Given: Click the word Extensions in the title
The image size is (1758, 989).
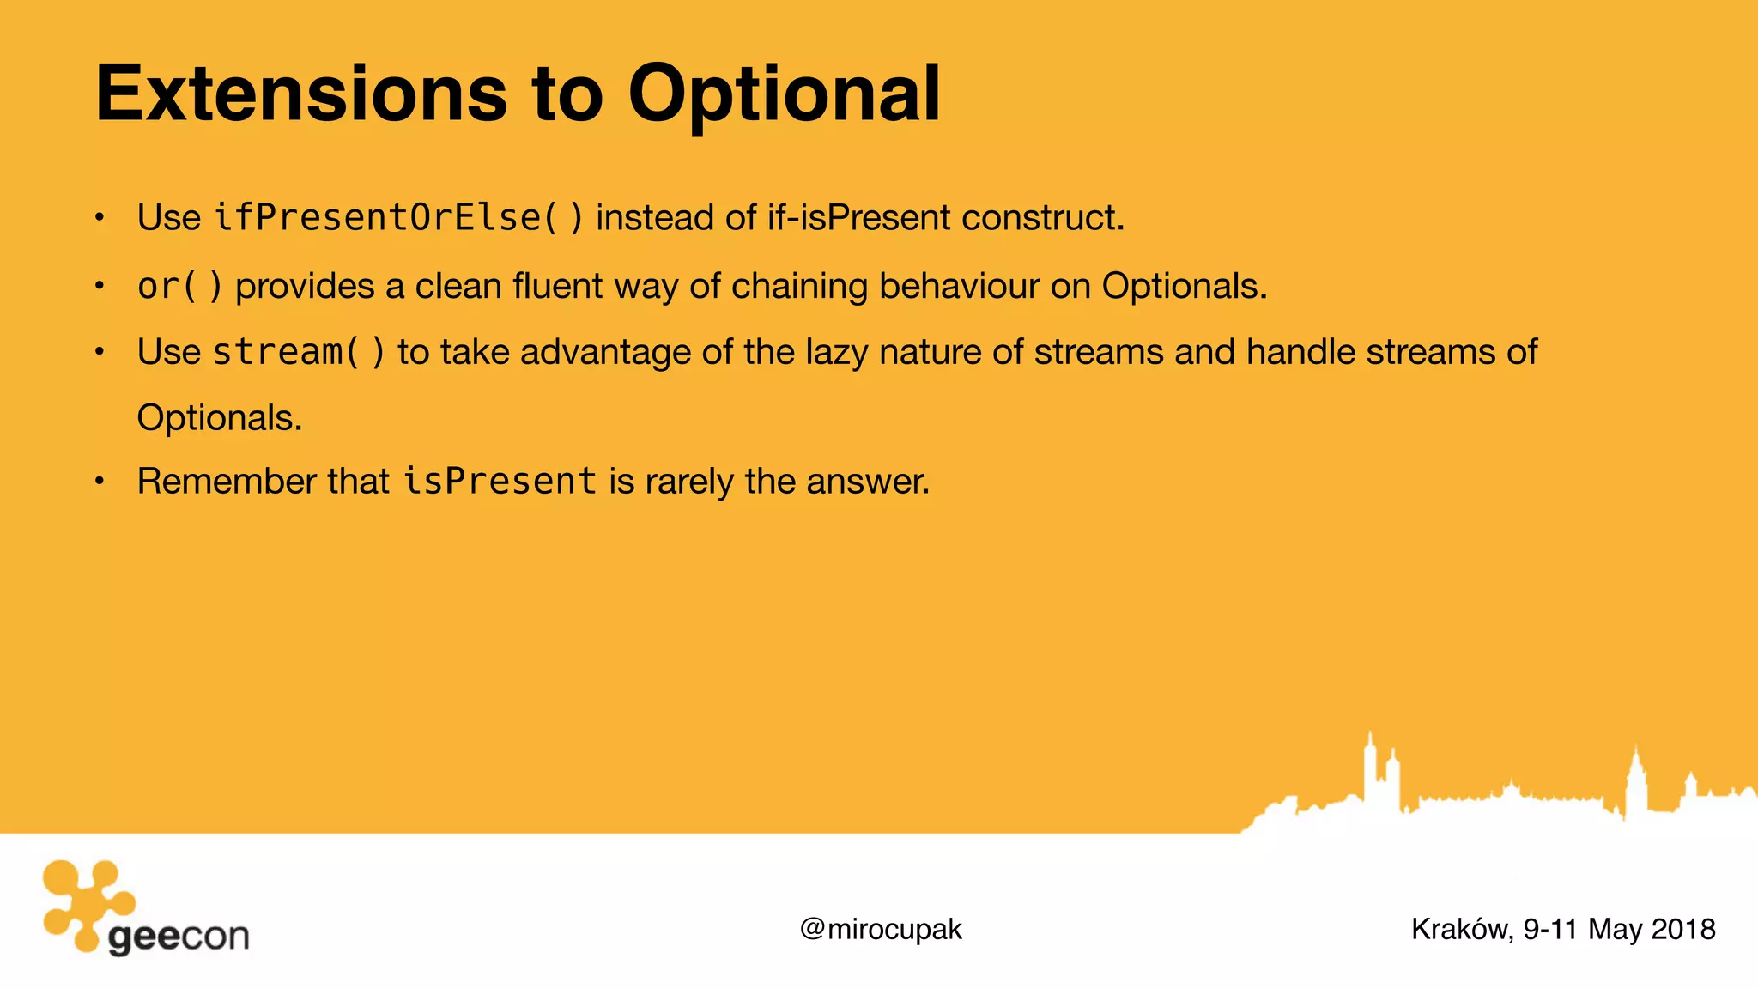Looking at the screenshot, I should coord(300,94).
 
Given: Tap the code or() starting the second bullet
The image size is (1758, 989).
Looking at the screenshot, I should coord(180,286).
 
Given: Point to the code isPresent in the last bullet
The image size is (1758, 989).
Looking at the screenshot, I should coord(500,481).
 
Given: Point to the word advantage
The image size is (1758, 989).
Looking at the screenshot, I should coord(605,353).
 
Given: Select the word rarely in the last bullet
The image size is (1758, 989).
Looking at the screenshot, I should coord(689,481).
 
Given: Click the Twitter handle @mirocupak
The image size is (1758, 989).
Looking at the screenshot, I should coord(881,929).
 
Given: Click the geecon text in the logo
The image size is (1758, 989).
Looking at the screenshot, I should coord(179,936).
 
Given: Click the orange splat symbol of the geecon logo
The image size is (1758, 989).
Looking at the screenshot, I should coord(86,901).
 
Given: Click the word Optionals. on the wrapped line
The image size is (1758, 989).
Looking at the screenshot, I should coord(220,418).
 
